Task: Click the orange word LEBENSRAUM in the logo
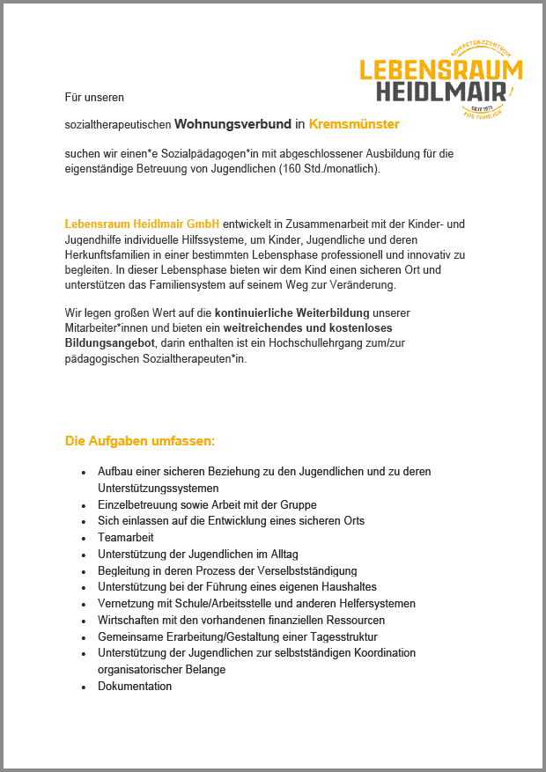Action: pos(440,70)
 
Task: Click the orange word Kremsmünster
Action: pos(354,124)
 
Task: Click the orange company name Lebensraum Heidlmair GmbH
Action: pos(142,224)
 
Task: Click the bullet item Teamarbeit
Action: pos(126,537)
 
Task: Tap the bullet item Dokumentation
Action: pos(135,686)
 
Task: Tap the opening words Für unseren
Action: pos(94,96)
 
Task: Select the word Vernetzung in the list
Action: pos(125,603)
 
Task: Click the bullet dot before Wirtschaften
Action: pos(83,621)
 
